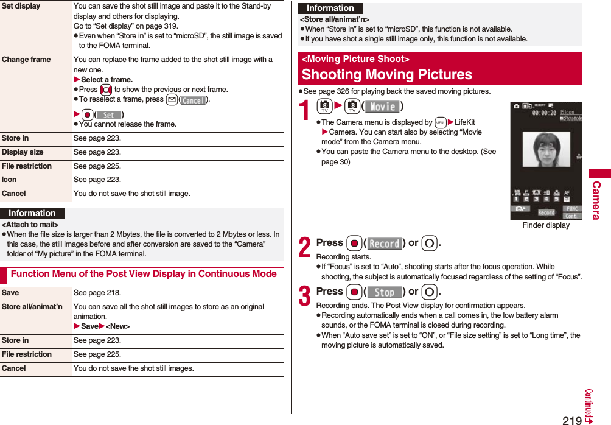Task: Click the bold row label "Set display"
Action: coord(21,6)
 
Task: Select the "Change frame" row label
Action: coord(26,60)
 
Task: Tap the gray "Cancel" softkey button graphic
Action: coord(194,100)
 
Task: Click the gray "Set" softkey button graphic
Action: coord(109,115)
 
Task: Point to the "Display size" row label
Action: coord(23,152)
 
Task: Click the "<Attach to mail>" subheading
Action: coord(30,225)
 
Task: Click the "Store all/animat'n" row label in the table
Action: coord(32,307)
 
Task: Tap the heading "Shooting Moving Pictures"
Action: coord(386,74)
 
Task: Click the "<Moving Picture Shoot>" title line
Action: coord(355,59)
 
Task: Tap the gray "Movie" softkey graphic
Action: coord(382,107)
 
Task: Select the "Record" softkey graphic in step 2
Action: coord(384,244)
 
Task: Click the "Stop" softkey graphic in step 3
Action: coord(384,292)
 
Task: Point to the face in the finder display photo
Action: coord(546,150)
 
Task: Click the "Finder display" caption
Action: coord(546,225)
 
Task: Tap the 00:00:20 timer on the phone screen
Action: coord(545,113)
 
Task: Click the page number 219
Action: coord(571,420)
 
